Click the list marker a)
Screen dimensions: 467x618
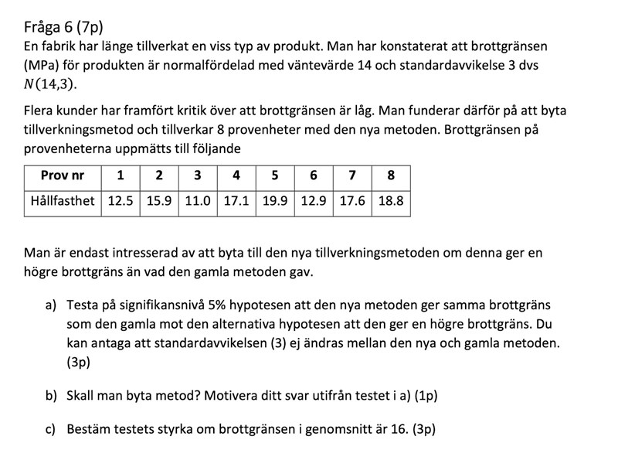(51, 305)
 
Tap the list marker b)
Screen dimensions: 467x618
(51, 395)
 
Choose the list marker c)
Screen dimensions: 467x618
(51, 428)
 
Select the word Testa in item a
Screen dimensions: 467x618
(84, 305)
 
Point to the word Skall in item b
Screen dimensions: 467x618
(83, 395)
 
